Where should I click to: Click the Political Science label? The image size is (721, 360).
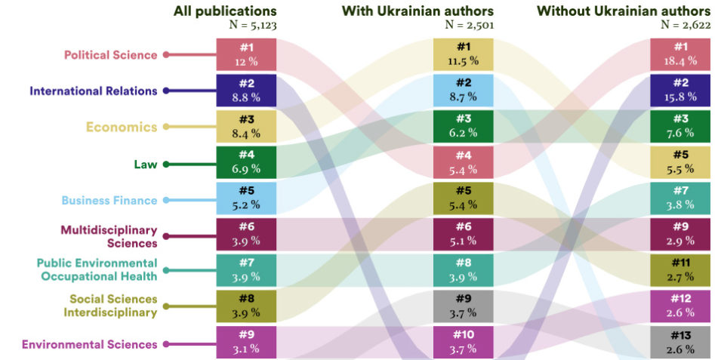[110, 54]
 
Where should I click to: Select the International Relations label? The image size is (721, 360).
[94, 91]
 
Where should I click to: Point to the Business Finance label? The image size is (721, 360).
[109, 200]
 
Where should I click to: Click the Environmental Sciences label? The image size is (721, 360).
[90, 344]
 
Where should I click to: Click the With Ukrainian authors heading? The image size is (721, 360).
[418, 11]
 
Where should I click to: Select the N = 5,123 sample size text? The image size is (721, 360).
[252, 24]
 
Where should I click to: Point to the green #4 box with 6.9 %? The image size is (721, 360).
[245, 162]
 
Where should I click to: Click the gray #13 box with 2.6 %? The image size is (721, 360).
[680, 343]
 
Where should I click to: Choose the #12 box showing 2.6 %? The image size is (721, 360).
[680, 306]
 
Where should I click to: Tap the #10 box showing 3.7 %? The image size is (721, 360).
[463, 343]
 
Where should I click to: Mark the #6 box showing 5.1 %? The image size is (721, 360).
[463, 234]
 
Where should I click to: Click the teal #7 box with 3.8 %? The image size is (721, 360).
[680, 198]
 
